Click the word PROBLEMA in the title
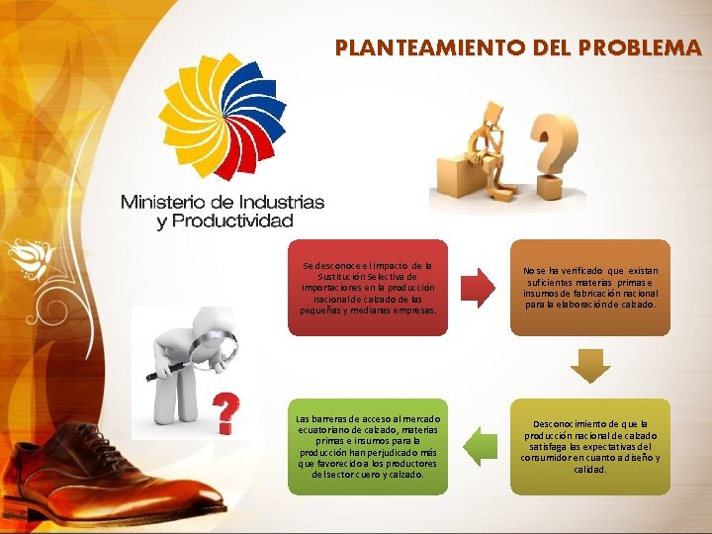(x=642, y=46)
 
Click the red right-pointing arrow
(x=479, y=286)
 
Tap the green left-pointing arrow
(x=479, y=446)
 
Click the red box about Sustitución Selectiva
(x=368, y=286)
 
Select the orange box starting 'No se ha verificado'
(x=590, y=287)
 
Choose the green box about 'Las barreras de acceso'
(x=368, y=446)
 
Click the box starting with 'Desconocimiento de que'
(x=590, y=446)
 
